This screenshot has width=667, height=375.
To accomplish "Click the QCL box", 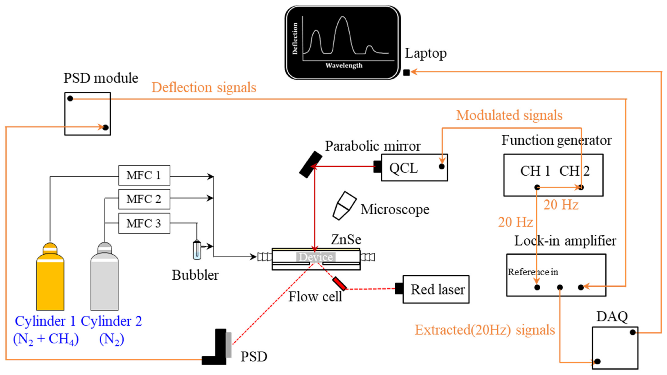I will pos(414,168).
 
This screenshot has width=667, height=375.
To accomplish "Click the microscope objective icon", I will pos(344,206).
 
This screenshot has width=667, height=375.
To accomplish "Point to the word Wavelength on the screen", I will pos(344,65).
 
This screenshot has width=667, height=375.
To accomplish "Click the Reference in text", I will pos(533,272).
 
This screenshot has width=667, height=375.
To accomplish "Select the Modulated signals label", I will pos(509,115).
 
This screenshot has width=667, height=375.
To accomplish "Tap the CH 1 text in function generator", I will pos(535,171).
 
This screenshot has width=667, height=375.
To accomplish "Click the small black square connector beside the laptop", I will pos(406,73).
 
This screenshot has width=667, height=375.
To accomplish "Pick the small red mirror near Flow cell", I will pos(339,283).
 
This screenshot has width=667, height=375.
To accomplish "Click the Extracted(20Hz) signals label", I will pos(485,330).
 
